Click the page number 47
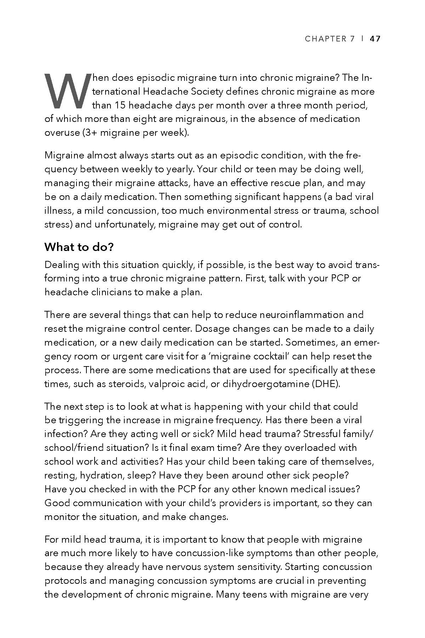click(x=375, y=39)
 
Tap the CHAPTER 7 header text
click(x=329, y=39)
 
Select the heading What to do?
click(x=79, y=247)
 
